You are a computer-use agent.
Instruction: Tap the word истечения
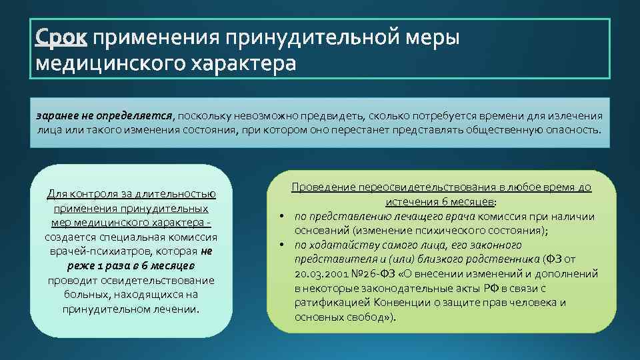pos(409,201)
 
